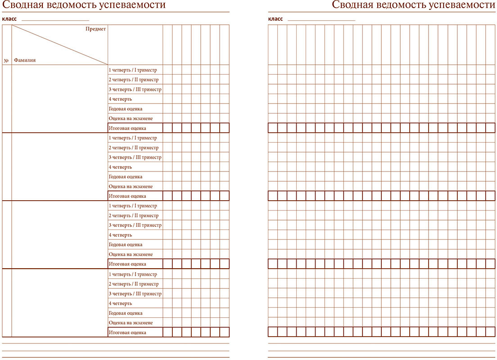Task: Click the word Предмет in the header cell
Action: tap(95, 29)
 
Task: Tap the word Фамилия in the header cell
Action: tap(25, 60)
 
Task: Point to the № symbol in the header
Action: tap(6, 60)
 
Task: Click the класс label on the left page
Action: tap(9, 19)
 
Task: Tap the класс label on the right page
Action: tap(275, 19)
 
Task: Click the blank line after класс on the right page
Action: tap(321, 20)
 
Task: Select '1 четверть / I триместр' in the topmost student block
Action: tap(133, 70)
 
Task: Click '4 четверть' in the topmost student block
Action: tap(120, 99)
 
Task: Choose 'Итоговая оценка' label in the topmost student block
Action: tap(127, 128)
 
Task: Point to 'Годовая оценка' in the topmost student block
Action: tap(126, 109)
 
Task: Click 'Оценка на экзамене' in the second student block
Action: tap(131, 186)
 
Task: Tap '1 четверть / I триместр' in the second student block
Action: tap(133, 138)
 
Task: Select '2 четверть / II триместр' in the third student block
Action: tap(134, 216)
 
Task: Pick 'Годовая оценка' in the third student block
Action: tap(126, 245)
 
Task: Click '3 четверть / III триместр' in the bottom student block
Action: tap(135, 294)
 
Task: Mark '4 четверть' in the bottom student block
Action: tap(120, 304)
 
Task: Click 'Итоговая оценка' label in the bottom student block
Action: tap(127, 333)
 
